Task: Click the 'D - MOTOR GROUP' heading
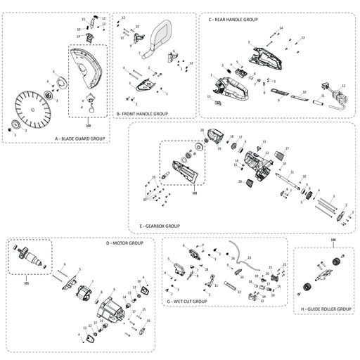pyautogui.click(x=124, y=243)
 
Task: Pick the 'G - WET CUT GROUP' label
pyautogui.click(x=187, y=301)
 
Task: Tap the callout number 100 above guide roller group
pyautogui.click(x=333, y=240)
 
